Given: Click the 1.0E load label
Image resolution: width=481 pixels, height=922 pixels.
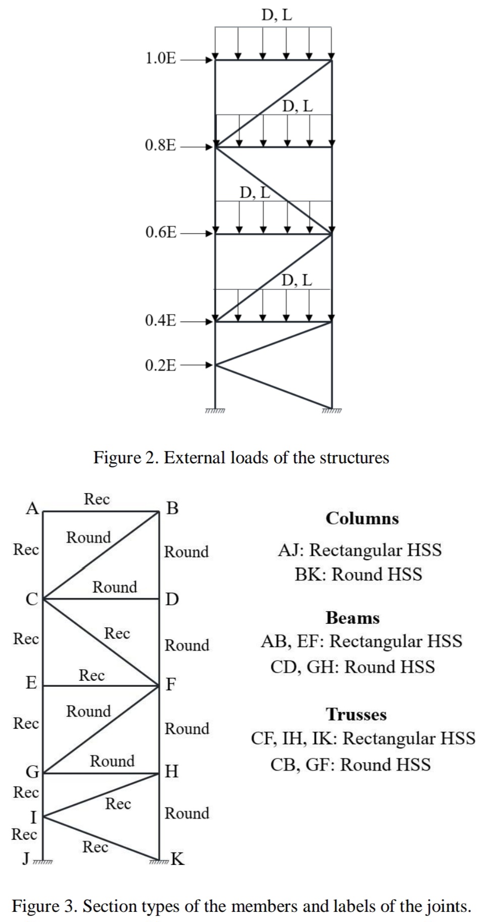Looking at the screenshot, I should [161, 59].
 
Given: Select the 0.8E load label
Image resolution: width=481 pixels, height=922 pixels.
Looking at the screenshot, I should [161, 146].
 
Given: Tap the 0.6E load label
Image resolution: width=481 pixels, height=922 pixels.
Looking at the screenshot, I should [161, 233].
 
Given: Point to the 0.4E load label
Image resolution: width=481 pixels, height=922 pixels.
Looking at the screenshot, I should [161, 320].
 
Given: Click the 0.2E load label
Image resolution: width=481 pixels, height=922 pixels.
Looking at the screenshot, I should [161, 365].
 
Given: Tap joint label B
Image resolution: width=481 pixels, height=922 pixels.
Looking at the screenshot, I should [172, 508].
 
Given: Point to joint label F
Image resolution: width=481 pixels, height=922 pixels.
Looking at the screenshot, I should [172, 684].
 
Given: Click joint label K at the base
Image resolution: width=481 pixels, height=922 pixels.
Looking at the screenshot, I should [178, 858].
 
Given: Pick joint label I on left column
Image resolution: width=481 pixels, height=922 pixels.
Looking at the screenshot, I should [33, 817].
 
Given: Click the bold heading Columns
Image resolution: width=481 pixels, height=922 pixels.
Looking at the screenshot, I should [362, 518].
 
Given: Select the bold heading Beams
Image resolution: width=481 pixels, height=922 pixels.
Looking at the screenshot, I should [352, 618].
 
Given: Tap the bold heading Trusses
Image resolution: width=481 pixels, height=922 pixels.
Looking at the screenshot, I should [356, 714].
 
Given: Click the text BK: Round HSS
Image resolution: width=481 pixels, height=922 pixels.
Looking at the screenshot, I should [358, 574].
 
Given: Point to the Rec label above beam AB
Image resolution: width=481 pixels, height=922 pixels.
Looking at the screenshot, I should [96, 499].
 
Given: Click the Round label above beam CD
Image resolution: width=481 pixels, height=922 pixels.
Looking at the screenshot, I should [115, 587].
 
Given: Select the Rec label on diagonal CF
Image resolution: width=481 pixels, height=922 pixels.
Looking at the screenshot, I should [117, 633].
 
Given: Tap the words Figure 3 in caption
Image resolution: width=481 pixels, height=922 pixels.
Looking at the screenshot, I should [43, 906].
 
